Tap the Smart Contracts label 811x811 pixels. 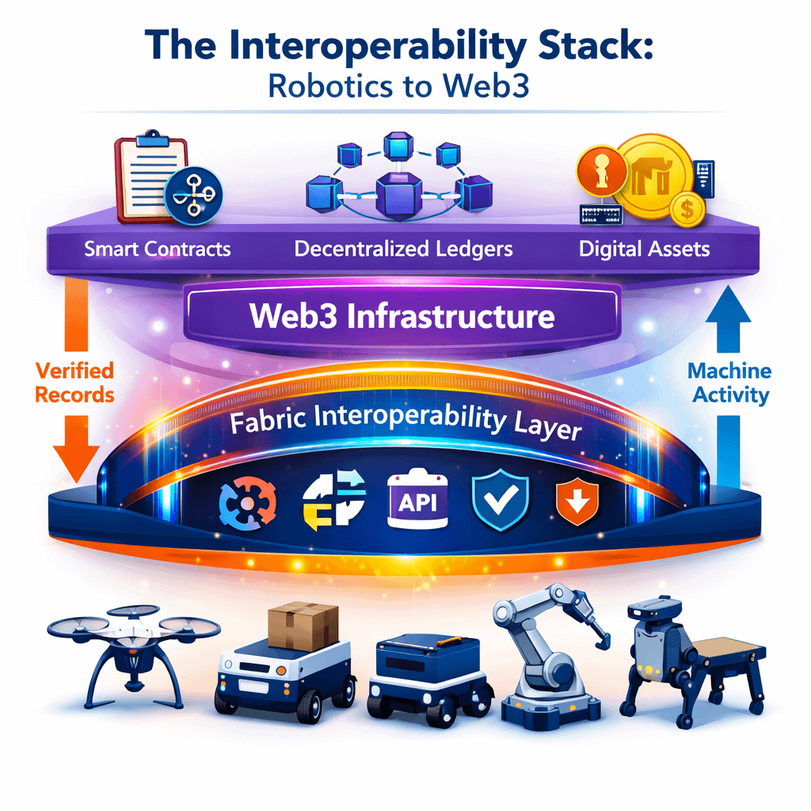pyautogui.click(x=158, y=249)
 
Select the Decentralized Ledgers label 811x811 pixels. pyautogui.click(x=403, y=249)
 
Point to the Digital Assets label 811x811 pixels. pyautogui.click(x=644, y=249)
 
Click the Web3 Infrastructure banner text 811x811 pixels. pyautogui.click(x=402, y=317)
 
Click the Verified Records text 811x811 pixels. pyautogui.click(x=75, y=382)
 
